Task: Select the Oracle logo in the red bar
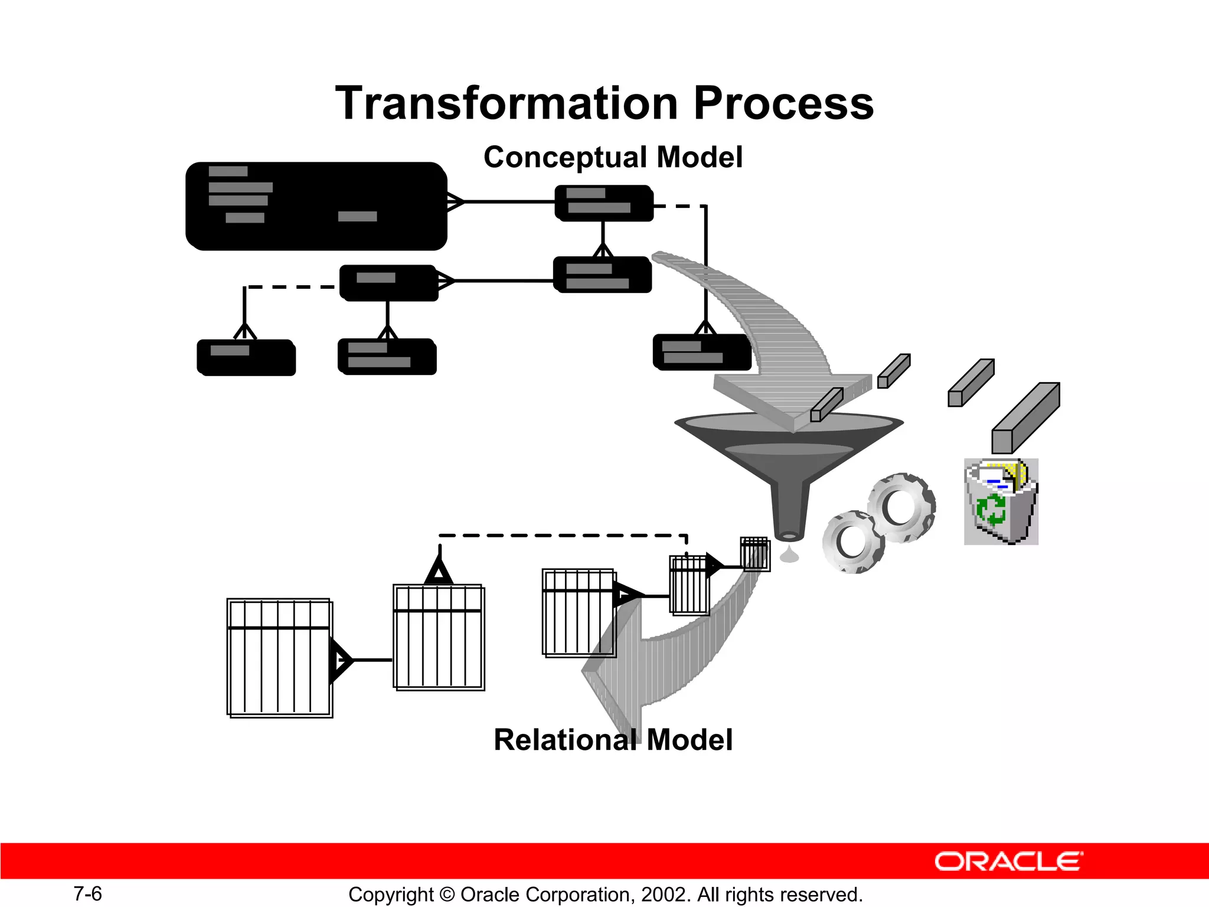tap(1008, 862)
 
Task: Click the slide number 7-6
tap(87, 894)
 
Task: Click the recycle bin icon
tap(1001, 502)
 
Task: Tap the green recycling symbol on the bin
tap(991, 510)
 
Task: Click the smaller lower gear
tap(853, 542)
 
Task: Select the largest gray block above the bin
tap(1025, 418)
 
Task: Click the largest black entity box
tap(316, 206)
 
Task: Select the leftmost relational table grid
tap(279, 658)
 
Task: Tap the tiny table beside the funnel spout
tap(755, 554)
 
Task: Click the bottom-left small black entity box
tap(246, 357)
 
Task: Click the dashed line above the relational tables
tap(561, 536)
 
